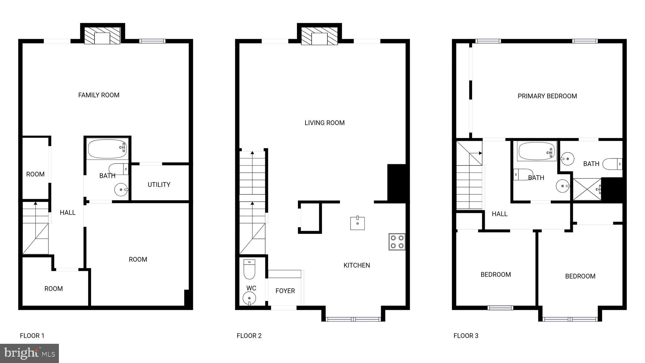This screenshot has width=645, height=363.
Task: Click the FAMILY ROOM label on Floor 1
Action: pyautogui.click(x=99, y=95)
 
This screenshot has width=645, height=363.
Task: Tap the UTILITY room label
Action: pyautogui.click(x=159, y=185)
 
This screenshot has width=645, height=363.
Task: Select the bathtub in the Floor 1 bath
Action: pyautogui.click(x=107, y=149)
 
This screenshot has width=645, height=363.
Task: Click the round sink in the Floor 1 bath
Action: pyautogui.click(x=121, y=190)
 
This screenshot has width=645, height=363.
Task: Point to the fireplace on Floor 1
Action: pyautogui.click(x=102, y=36)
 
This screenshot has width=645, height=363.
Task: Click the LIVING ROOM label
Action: pyautogui.click(x=324, y=123)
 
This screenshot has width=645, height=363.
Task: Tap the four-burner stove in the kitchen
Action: pyautogui.click(x=397, y=242)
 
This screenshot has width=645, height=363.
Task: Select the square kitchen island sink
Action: pyautogui.click(x=357, y=223)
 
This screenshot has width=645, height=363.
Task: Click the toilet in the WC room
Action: pyautogui.click(x=249, y=269)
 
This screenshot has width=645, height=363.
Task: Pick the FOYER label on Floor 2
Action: pyautogui.click(x=285, y=291)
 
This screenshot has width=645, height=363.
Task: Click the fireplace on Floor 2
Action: pyautogui.click(x=319, y=36)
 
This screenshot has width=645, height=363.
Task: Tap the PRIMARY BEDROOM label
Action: pyautogui.click(x=547, y=96)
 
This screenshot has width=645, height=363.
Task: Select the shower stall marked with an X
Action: pyautogui.click(x=587, y=189)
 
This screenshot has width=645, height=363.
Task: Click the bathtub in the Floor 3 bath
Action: pyautogui.click(x=536, y=152)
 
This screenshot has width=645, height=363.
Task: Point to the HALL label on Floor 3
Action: pyautogui.click(x=499, y=214)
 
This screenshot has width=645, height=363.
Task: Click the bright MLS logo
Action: pyautogui.click(x=29, y=353)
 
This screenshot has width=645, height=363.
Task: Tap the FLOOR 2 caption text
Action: pyautogui.click(x=249, y=336)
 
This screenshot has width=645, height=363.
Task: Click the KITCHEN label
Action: pyautogui.click(x=357, y=265)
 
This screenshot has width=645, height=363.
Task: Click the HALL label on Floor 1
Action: pyautogui.click(x=67, y=213)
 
